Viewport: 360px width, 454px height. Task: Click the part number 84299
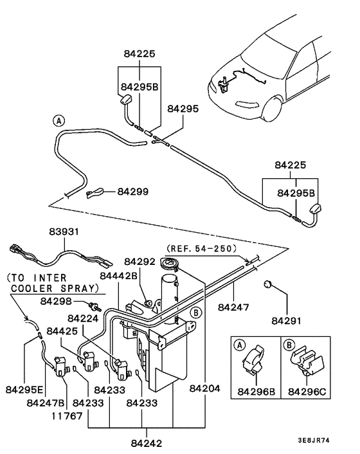(x=132, y=191)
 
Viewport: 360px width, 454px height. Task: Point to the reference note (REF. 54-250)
(x=201, y=248)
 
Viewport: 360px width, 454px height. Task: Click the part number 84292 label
(x=140, y=262)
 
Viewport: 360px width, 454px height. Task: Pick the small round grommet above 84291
(x=270, y=284)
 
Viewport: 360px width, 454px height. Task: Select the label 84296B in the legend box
(x=257, y=390)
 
